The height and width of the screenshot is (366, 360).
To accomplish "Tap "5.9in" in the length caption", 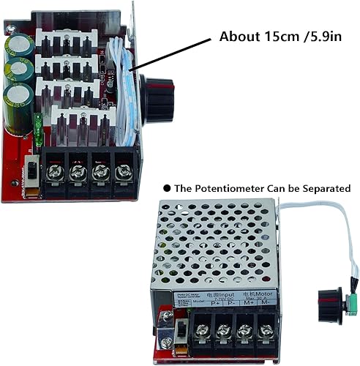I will point(320,37).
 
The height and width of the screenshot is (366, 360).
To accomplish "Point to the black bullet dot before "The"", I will point(167,188).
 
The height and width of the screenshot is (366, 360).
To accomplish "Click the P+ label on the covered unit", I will point(196,300).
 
